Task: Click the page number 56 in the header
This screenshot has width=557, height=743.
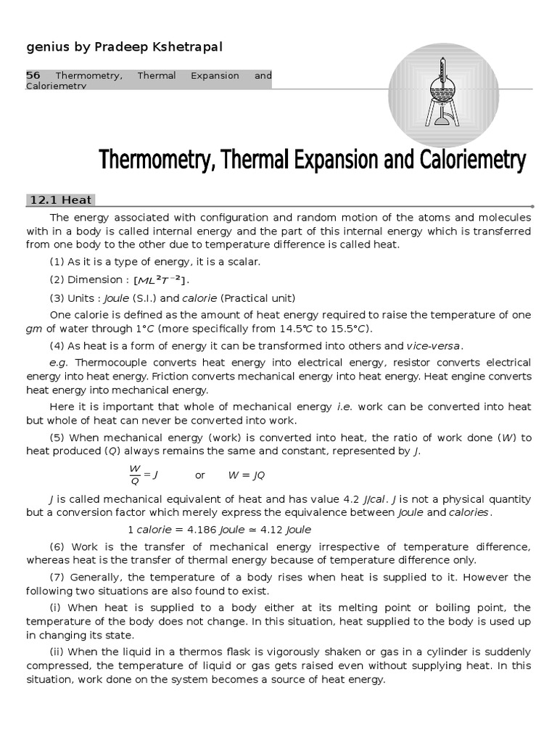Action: point(33,75)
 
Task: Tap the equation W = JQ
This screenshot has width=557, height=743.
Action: point(247,475)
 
